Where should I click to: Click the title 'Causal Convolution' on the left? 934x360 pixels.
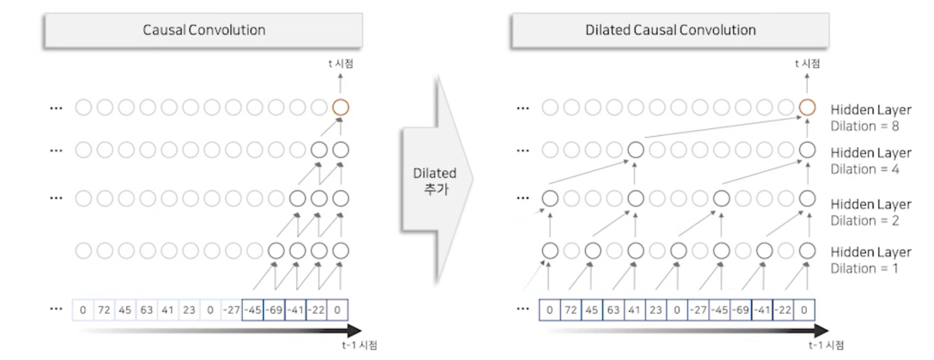coord(204,30)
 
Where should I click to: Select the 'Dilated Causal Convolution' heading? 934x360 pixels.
coord(671,30)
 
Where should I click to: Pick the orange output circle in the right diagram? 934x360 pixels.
coord(807,107)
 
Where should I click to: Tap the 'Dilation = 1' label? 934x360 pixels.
coord(864,268)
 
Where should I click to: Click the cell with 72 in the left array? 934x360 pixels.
coord(104,310)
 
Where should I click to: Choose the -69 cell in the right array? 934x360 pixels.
coord(740,310)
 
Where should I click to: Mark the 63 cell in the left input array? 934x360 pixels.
coord(147,310)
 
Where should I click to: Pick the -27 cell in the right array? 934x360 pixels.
coord(698,310)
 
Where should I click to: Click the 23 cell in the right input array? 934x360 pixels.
coord(655,310)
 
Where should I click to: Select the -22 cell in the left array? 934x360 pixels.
coord(316,310)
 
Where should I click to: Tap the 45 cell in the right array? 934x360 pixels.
coord(592,310)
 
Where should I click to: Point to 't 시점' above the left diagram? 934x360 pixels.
coord(341,64)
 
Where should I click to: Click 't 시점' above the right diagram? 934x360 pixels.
coord(807,64)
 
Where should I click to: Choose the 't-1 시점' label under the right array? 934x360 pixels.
coord(826,345)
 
